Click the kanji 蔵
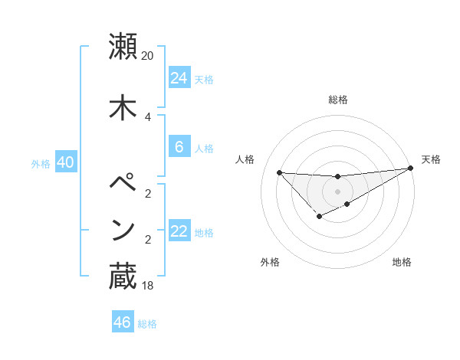[123, 277]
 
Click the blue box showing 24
[179, 77]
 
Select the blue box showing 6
[179, 147]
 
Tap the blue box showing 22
[179, 231]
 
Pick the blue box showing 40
[65, 162]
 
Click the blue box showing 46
[122, 322]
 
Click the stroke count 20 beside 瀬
[148, 56]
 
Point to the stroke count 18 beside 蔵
[148, 286]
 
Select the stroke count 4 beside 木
[148, 116]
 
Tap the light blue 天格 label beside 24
[204, 79]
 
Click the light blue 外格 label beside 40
[41, 163]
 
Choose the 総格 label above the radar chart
[338, 99]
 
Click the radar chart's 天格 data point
[410, 169]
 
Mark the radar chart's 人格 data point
[279, 172]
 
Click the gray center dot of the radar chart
[337, 191]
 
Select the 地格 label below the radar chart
[402, 262]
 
